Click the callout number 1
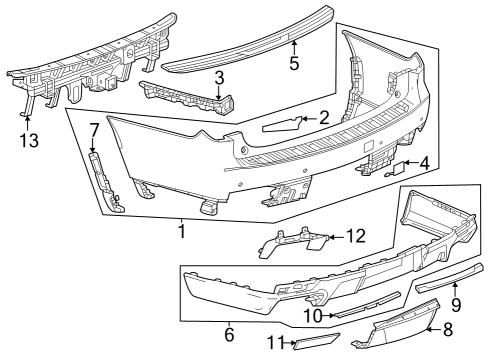coord(182,230)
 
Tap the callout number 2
coord(324,119)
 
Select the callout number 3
coord(219,77)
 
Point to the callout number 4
coord(425,162)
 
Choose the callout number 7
coord(94,130)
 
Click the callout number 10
coord(311,316)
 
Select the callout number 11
coord(272,344)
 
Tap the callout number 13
coord(29,140)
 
